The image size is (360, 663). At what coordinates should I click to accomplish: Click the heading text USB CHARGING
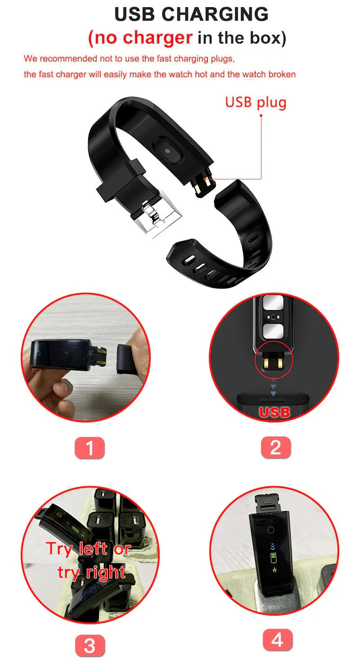click(x=191, y=14)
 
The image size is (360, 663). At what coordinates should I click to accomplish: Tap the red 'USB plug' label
click(x=256, y=102)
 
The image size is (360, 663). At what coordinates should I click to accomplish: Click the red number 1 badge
click(x=89, y=448)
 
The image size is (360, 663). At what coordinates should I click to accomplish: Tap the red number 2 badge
click(x=275, y=448)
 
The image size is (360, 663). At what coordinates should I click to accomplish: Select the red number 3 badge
click(x=90, y=645)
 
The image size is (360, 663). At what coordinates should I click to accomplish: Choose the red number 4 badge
click(x=277, y=640)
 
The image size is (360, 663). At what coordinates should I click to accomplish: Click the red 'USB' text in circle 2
click(x=274, y=412)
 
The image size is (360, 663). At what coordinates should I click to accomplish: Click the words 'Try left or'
click(x=88, y=548)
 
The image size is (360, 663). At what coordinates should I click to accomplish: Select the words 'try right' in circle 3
click(x=91, y=572)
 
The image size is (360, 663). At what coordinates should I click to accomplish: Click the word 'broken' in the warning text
click(x=282, y=74)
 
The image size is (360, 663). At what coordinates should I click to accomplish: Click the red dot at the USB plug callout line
click(x=261, y=115)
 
